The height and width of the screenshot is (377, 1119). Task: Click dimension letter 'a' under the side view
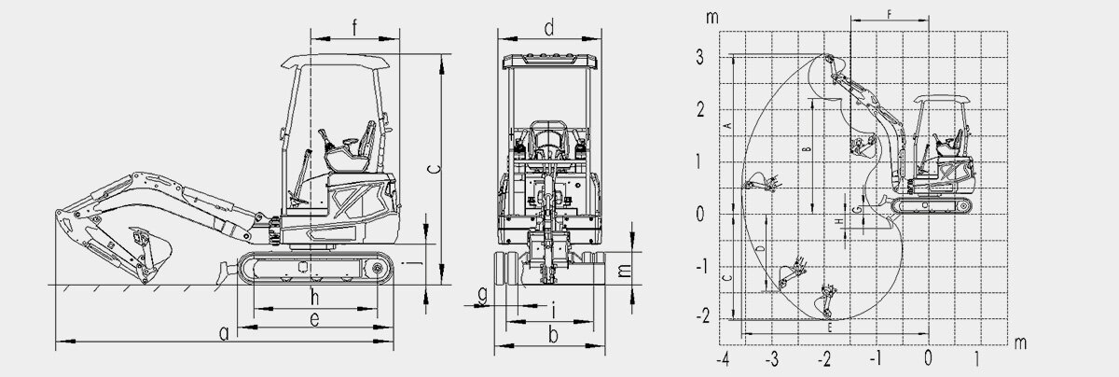tap(223, 332)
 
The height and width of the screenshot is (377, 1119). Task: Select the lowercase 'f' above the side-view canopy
tap(355, 27)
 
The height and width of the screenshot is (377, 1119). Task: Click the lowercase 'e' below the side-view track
tap(315, 319)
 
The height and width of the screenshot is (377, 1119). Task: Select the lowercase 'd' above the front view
tap(549, 28)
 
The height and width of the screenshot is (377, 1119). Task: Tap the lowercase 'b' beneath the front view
tap(552, 333)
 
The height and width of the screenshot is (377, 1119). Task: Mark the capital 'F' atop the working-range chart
tap(890, 14)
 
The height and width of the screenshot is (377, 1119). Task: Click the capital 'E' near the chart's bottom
tap(830, 328)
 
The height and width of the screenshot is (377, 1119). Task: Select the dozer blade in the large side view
tap(223, 272)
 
